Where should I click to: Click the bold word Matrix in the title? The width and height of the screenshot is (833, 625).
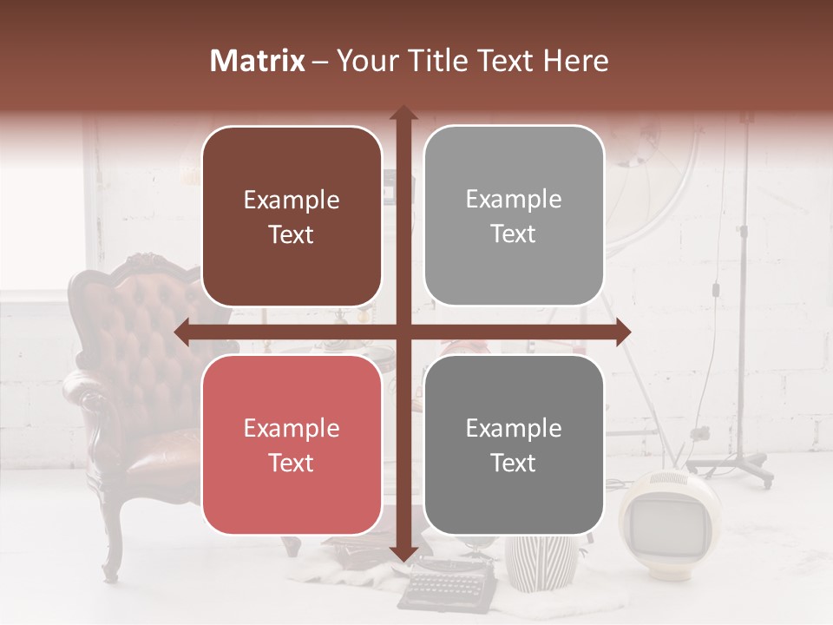coord(258,61)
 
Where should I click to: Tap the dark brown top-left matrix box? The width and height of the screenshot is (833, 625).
coord(292,217)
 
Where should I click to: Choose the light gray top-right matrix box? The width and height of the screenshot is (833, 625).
coord(514,216)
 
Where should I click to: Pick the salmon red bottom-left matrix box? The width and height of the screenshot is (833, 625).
coord(292,445)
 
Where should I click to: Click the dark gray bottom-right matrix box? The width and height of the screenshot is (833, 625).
coord(514,445)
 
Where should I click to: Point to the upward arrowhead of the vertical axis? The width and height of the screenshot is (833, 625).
coord(403,113)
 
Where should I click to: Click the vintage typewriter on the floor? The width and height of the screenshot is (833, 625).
coord(448,582)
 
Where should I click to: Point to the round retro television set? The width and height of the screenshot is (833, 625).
coord(661,516)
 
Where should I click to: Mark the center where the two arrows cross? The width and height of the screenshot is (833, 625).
coord(403,332)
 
